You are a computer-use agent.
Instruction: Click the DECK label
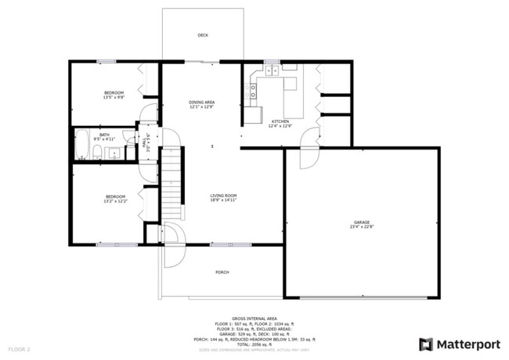pos(203,35)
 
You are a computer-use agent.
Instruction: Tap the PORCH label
pos(222,272)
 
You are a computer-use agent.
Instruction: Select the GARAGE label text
pos(360,222)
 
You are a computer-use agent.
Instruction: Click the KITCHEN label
pos(280,121)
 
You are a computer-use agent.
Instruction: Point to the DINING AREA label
pos(202,103)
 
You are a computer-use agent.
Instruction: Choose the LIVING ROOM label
pos(223,196)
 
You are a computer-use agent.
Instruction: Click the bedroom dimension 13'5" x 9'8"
pos(114,98)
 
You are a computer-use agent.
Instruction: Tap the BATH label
pos(104,135)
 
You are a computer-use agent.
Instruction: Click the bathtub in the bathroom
pos(81,144)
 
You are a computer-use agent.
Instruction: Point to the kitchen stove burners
pos(275,71)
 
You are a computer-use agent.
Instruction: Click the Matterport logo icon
pos(426,344)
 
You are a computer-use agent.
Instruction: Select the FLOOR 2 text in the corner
pos(19,349)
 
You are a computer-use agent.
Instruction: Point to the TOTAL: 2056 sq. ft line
pos(254,344)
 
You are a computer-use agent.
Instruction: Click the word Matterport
pos(467,344)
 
